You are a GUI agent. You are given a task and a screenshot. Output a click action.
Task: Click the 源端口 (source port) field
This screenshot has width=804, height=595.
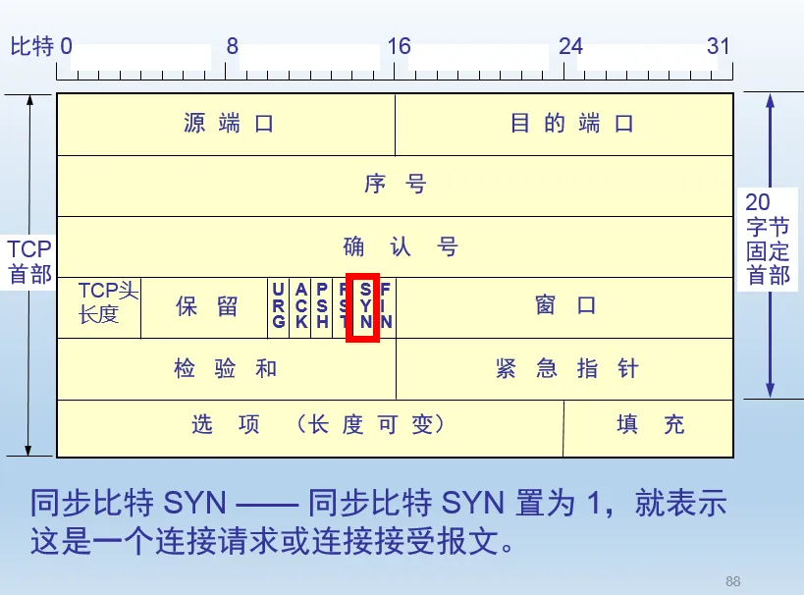pyautogui.click(x=227, y=124)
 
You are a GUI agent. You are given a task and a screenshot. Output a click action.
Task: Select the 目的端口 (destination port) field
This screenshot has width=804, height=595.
pyautogui.click(x=564, y=124)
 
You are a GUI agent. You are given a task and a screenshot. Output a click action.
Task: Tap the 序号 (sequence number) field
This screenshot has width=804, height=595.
pyautogui.click(x=395, y=185)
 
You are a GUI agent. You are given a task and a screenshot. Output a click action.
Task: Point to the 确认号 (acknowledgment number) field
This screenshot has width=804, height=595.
pyautogui.click(x=395, y=245)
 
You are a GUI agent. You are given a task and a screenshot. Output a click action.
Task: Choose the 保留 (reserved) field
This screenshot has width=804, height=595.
pyautogui.click(x=205, y=306)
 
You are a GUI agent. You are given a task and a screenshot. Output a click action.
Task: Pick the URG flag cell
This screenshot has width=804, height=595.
pyautogui.click(x=279, y=306)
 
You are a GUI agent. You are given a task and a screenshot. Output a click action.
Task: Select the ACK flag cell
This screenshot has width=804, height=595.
pyautogui.click(x=300, y=306)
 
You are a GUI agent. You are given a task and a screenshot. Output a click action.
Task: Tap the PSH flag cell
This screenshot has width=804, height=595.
pyautogui.click(x=321, y=306)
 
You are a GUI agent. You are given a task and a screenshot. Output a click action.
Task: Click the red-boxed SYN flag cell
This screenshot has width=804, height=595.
pyautogui.click(x=364, y=306)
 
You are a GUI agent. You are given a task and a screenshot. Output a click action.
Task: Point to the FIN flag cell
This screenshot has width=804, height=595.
pyautogui.click(x=386, y=306)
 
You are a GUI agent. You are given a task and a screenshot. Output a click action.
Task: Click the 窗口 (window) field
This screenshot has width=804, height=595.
pyautogui.click(x=564, y=306)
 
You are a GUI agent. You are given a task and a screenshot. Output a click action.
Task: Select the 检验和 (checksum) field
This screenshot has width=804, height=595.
pyautogui.click(x=227, y=368)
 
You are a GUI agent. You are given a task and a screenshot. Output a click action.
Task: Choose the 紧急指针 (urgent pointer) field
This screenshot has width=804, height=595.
pyautogui.click(x=564, y=368)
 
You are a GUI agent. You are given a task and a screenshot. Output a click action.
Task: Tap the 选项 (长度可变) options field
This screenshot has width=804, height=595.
pyautogui.click(x=310, y=427)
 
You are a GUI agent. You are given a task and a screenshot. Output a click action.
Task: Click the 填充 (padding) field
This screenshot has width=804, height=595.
pyautogui.click(x=649, y=427)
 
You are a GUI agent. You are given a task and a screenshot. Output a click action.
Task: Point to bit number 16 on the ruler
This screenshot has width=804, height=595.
pyautogui.click(x=399, y=47)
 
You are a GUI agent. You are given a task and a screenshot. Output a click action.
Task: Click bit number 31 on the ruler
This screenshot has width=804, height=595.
pyautogui.click(x=719, y=47)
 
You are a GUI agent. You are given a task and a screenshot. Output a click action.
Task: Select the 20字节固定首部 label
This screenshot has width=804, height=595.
pyautogui.click(x=767, y=239)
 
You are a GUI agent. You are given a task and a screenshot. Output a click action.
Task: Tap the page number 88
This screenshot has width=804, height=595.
pyautogui.click(x=732, y=579)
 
